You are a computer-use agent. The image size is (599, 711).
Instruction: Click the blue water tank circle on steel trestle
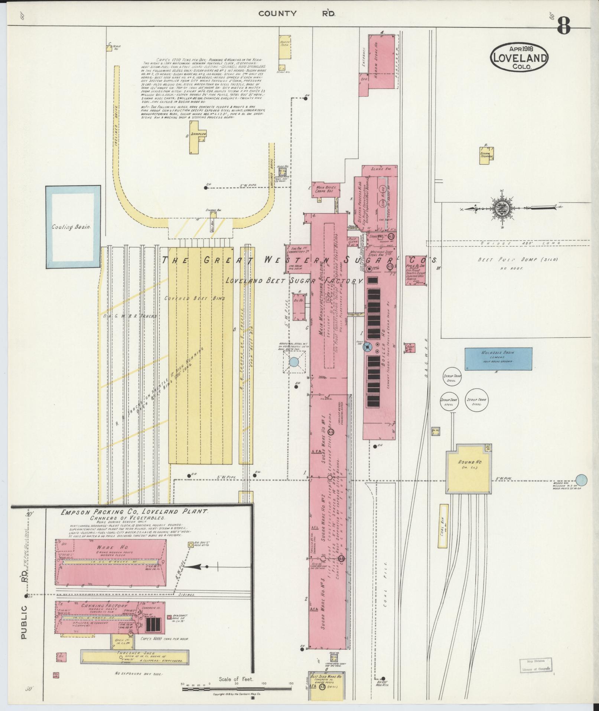click(x=294, y=362)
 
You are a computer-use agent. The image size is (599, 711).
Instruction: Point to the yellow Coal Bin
click(x=443, y=526)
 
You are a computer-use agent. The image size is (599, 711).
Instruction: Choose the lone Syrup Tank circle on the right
click(x=476, y=400)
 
